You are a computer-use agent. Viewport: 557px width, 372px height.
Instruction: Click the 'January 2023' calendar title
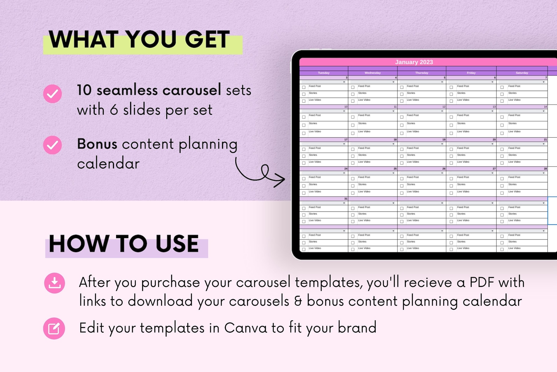[414, 62]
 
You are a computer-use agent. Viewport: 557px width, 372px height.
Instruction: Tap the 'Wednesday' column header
[373, 73]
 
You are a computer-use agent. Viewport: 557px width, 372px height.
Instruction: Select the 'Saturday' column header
[522, 73]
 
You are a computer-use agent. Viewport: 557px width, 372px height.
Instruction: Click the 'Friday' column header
[471, 73]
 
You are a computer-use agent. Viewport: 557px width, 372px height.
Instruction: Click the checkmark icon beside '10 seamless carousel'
[53, 94]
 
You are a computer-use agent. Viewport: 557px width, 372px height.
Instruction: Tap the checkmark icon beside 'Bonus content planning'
[53, 145]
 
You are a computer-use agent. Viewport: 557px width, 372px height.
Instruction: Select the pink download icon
[54, 283]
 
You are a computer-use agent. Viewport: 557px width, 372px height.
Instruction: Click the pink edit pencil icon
[54, 328]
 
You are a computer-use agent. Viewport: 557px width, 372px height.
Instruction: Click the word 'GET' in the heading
[207, 39]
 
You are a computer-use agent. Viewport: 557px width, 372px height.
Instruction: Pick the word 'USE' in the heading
[177, 244]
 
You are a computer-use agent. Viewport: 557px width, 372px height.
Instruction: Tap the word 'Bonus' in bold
[97, 144]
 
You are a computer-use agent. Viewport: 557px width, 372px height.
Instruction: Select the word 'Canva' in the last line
[246, 328]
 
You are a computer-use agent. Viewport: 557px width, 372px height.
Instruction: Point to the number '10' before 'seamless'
[84, 90]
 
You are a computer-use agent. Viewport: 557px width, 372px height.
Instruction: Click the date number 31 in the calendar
[346, 199]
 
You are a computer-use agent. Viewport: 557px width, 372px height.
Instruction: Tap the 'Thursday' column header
[422, 73]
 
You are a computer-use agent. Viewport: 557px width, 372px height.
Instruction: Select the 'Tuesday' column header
[324, 73]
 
